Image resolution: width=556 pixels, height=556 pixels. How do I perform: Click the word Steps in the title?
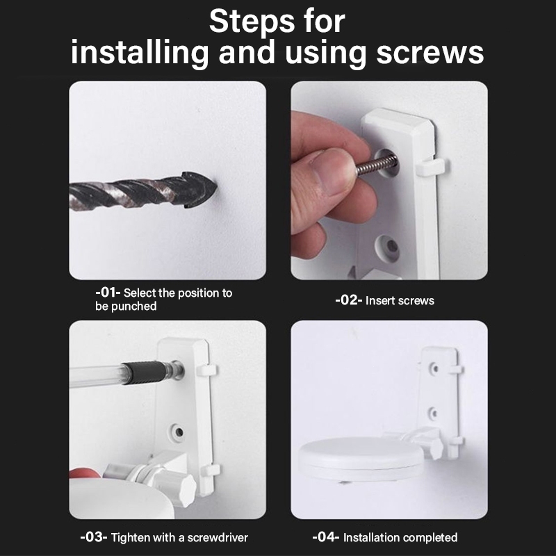click(x=253, y=22)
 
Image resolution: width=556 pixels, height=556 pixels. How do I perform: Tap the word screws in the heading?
click(x=430, y=53)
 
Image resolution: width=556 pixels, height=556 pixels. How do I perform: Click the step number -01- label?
click(x=108, y=293)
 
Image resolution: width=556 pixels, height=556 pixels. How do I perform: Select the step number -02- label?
click(x=349, y=300)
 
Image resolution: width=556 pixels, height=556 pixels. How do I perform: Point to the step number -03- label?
click(x=94, y=537)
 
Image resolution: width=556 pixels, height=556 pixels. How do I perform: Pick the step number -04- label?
click(x=326, y=537)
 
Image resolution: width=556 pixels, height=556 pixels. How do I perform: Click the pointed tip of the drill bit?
click(x=216, y=188)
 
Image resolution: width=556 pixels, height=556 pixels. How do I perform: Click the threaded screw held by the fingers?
click(x=376, y=164)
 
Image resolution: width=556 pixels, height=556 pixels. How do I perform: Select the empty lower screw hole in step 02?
click(x=391, y=245)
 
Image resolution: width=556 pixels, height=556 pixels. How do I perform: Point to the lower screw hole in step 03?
click(x=179, y=432)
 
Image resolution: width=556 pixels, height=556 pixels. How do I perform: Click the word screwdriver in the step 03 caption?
click(x=218, y=537)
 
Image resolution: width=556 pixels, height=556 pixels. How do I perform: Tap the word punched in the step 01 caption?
click(x=134, y=306)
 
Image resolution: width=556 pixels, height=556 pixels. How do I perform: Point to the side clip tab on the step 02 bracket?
click(x=430, y=166)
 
